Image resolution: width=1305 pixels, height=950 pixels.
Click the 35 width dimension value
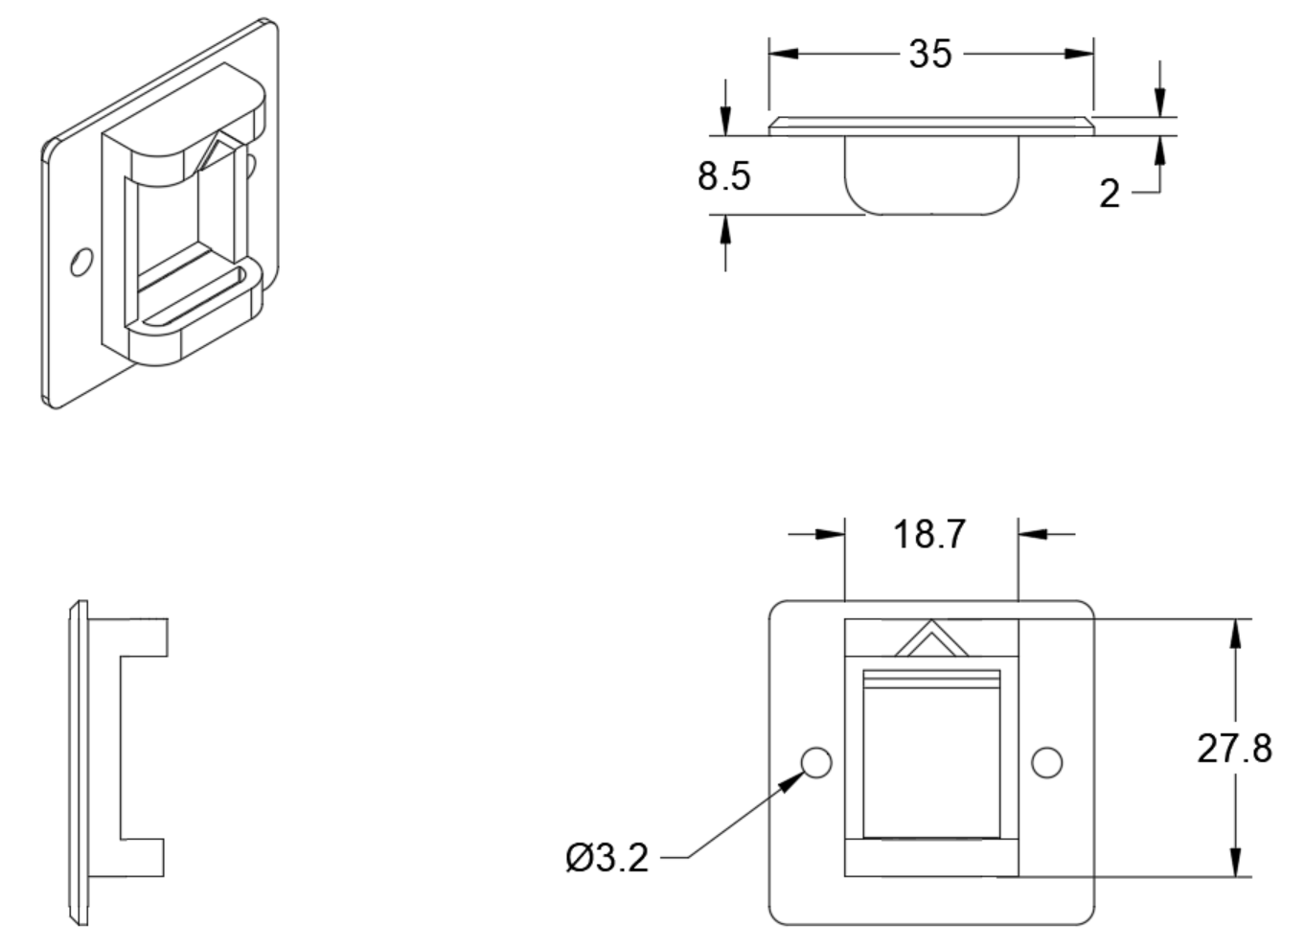click(930, 54)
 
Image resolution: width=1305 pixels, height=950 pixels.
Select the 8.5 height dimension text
click(723, 176)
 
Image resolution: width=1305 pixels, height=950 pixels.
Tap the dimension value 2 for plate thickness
click(1110, 194)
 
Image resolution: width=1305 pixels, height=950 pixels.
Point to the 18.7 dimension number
click(929, 534)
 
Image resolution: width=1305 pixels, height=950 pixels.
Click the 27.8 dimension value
click(1234, 748)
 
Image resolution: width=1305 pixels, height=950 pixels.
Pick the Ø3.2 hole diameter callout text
click(607, 858)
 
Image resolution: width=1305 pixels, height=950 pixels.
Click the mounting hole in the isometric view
click(81, 262)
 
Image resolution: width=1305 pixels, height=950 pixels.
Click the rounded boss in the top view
click(931, 174)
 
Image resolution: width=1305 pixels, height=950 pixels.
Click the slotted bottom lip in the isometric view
click(196, 297)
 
